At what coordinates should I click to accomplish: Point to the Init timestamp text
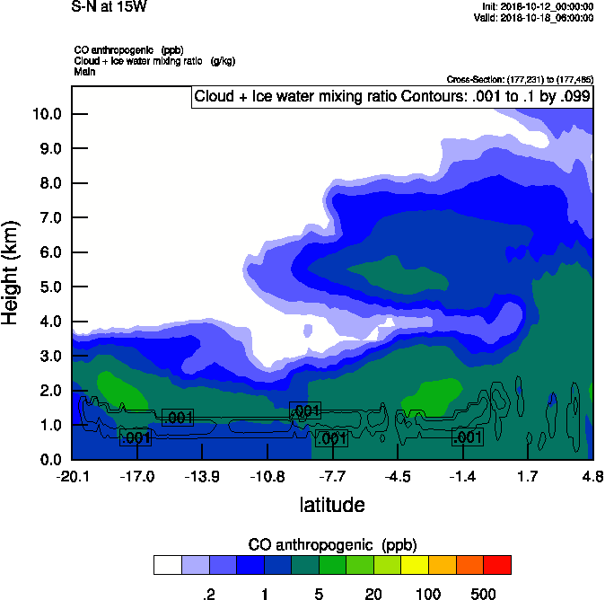point(537,6)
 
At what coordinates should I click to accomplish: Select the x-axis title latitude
point(332,505)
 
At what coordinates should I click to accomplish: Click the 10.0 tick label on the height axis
point(46,114)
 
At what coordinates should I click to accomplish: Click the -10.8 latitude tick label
point(267,475)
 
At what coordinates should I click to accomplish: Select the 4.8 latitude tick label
point(592,475)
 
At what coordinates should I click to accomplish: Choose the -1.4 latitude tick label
point(463,475)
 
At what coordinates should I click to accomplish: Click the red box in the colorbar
point(497,564)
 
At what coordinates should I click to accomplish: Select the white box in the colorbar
point(167,564)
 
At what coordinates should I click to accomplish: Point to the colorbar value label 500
point(483,594)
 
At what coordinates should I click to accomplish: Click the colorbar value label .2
point(209,594)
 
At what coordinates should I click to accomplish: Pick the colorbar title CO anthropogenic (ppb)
point(332,544)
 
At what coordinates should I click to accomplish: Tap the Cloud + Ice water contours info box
point(392,97)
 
